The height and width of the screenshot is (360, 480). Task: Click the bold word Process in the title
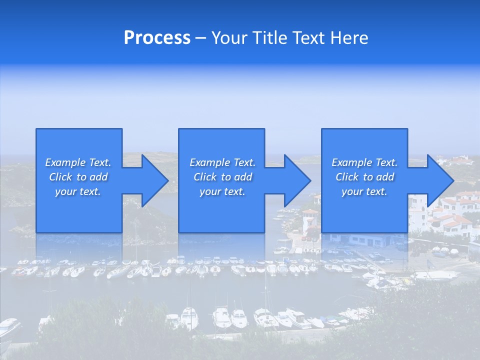pyautogui.click(x=157, y=38)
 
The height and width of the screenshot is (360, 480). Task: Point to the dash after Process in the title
pyautogui.click(x=200, y=38)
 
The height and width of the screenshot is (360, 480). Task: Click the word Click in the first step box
pyautogui.click(x=60, y=177)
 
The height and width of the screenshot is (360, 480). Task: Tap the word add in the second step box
pyautogui.click(x=243, y=177)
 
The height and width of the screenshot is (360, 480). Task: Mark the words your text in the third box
pyautogui.click(x=364, y=191)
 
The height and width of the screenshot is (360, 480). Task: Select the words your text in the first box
pyautogui.click(x=78, y=191)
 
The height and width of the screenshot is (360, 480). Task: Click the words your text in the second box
pyautogui.click(x=222, y=191)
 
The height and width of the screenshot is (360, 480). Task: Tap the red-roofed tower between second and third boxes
pyautogui.click(x=310, y=220)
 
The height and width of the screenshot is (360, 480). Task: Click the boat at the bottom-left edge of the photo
pyautogui.click(x=9, y=327)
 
